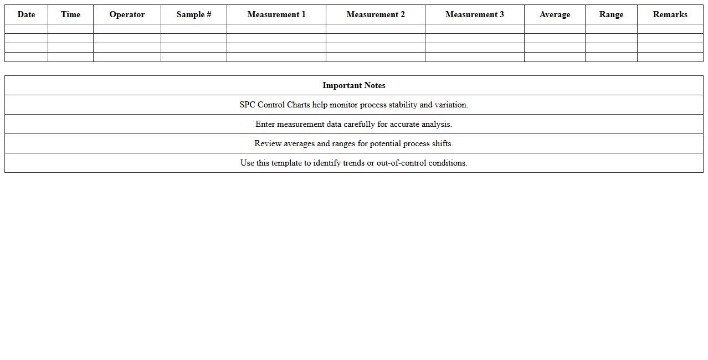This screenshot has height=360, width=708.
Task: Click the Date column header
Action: (x=26, y=14)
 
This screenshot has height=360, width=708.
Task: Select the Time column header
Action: (x=70, y=14)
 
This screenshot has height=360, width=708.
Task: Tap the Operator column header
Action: (x=127, y=14)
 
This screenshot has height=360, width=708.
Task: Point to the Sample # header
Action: (x=193, y=14)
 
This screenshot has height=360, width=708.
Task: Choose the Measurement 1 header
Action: (x=276, y=14)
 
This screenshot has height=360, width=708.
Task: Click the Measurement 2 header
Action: (x=375, y=14)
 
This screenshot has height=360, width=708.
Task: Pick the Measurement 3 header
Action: (x=474, y=14)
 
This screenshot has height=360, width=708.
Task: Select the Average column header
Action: (x=555, y=14)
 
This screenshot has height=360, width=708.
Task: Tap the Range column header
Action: (x=611, y=14)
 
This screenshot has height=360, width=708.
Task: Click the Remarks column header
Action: (x=670, y=14)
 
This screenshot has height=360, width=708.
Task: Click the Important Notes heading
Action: (x=353, y=85)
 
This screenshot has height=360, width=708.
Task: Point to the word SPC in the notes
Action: (x=247, y=105)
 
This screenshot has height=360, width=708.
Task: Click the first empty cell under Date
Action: (x=26, y=29)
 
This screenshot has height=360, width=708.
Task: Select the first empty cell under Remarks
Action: (x=670, y=29)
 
